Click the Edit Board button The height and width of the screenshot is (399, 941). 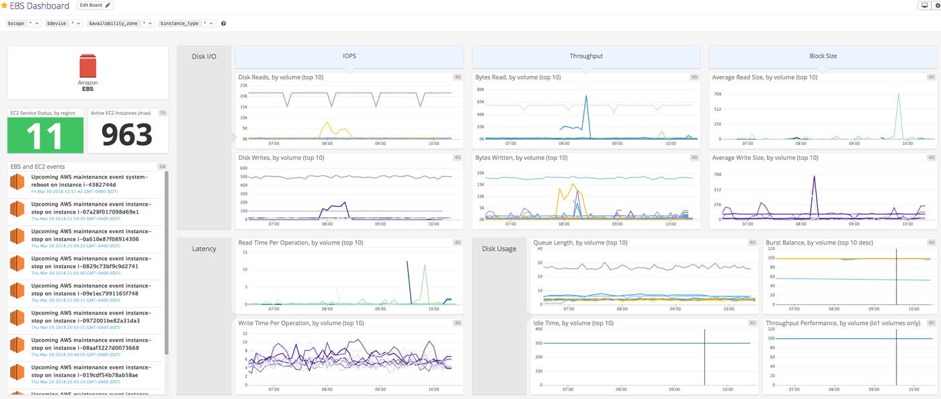click(x=95, y=5)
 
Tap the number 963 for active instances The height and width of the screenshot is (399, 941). click(x=127, y=135)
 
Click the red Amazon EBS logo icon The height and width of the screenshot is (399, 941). click(x=88, y=66)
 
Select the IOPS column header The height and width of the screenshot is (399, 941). click(x=349, y=56)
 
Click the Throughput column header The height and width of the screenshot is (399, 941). click(x=585, y=56)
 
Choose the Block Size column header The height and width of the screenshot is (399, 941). click(x=823, y=56)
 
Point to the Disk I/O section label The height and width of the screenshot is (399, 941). click(x=204, y=56)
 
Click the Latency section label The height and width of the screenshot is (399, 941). click(x=204, y=249)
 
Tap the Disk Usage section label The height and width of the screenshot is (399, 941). click(x=499, y=249)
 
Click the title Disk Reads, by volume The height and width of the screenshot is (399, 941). click(x=280, y=77)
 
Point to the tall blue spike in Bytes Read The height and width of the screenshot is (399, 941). click(x=586, y=97)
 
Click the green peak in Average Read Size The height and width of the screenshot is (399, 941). click(x=898, y=95)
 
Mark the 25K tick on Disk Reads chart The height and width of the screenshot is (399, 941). click(x=243, y=86)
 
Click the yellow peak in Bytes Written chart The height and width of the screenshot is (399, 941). click(x=572, y=185)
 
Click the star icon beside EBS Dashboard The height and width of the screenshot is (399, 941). click(x=4, y=5)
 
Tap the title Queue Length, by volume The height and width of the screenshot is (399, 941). click(x=580, y=242)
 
